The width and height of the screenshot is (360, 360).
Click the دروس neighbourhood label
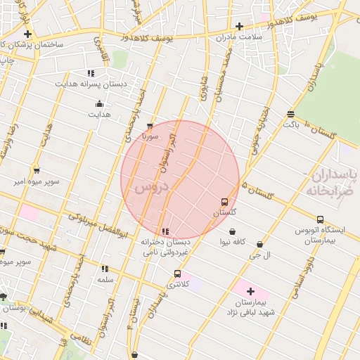tap(150, 188)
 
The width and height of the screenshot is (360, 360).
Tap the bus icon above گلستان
tap(224, 202)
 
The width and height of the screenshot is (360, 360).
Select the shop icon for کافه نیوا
tap(233, 231)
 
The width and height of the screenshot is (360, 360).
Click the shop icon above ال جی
tap(260, 245)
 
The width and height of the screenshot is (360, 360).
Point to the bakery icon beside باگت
tap(290, 114)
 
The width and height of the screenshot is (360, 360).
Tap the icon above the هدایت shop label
tap(98, 105)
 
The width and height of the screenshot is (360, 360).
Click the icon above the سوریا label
tap(149, 127)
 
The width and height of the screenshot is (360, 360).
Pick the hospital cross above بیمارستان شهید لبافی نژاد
tap(250, 290)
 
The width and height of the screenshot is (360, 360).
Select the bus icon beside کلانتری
tap(177, 274)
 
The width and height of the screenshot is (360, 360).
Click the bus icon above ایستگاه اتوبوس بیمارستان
tap(320, 219)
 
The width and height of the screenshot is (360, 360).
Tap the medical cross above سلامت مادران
tap(239, 27)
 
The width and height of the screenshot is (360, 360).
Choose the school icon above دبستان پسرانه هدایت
tap(91, 73)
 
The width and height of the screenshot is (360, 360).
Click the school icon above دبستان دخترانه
tap(165, 232)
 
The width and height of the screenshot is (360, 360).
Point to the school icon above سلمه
tap(105, 269)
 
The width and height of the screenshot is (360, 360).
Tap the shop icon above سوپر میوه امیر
tap(37, 170)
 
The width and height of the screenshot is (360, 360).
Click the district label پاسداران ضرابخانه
tap(334, 181)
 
